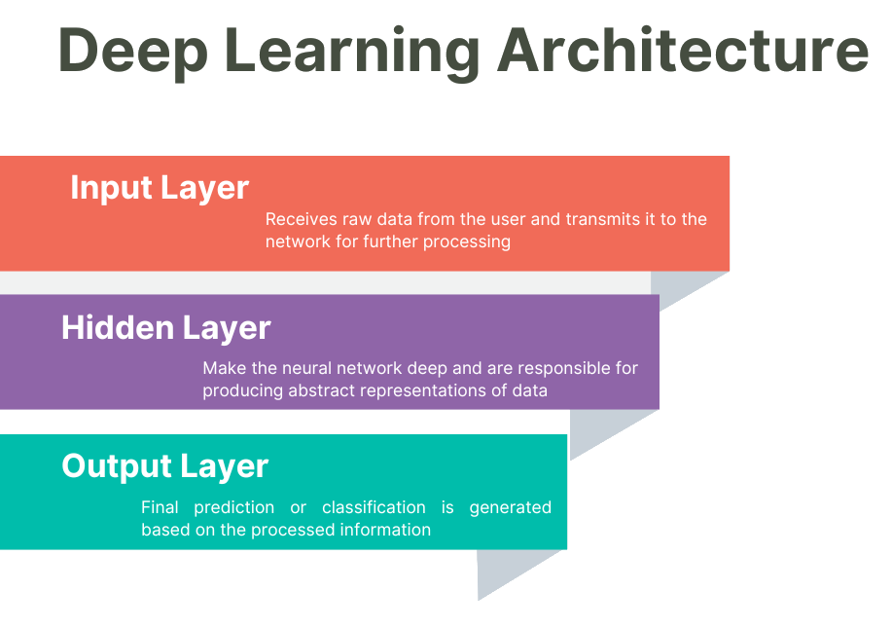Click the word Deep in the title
tap(132, 53)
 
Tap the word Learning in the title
tap(352, 53)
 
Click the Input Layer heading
tap(160, 188)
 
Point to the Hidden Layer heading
tap(166, 328)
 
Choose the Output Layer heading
tap(165, 466)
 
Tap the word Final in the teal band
tap(160, 506)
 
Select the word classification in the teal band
tap(374, 506)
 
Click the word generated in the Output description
tap(511, 507)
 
